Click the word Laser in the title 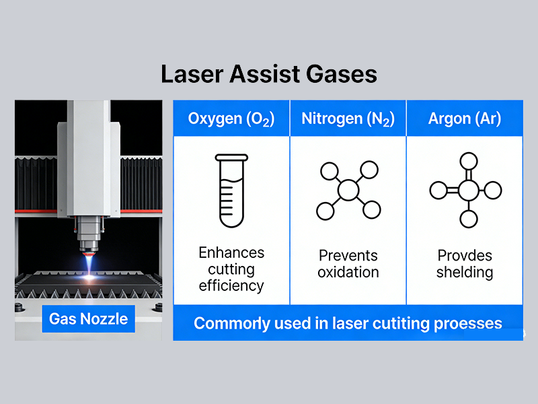point(192,74)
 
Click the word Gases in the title point(342,74)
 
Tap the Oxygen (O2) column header point(231,119)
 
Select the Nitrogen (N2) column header point(348,119)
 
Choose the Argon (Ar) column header point(465,119)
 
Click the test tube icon point(231,191)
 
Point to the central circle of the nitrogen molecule point(348,190)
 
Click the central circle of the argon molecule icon point(469,191)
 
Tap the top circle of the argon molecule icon point(469,161)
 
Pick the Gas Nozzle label point(89,318)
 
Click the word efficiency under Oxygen point(231,285)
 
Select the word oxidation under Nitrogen point(348,273)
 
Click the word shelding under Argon point(465,273)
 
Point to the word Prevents point(348,256)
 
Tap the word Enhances point(231,253)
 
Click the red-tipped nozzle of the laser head point(89,253)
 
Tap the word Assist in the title point(265,74)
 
